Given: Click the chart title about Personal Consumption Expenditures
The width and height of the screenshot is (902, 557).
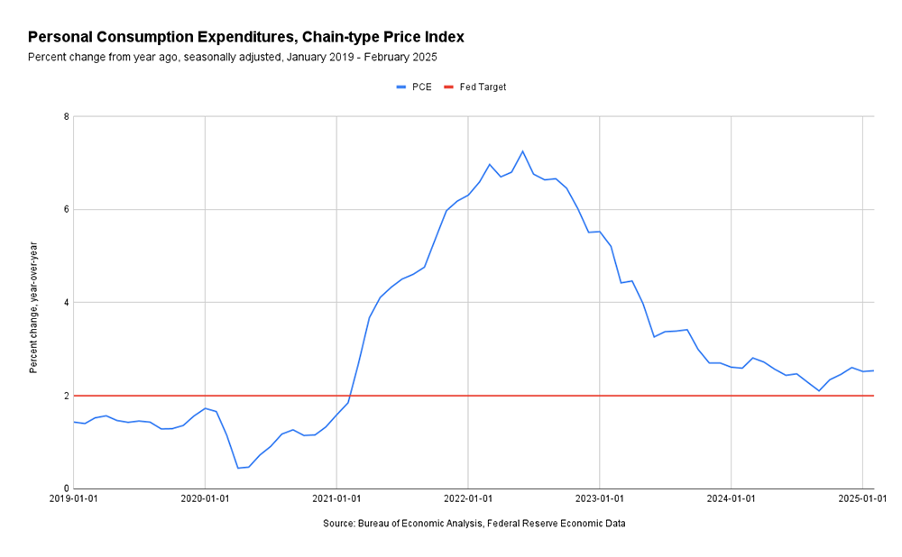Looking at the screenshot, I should point(245,37).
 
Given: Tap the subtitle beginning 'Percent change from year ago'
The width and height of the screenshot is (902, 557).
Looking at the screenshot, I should point(232,57).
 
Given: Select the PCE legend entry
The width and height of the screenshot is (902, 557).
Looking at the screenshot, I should point(415,87).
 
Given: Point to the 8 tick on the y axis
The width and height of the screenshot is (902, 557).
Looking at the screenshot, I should point(66,116).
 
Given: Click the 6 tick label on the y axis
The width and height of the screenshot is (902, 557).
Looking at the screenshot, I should point(66,209).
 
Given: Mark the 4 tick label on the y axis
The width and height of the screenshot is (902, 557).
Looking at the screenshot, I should point(66,303).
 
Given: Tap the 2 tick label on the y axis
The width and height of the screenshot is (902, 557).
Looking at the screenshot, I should point(66,396).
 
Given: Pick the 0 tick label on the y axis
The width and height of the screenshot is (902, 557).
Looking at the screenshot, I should point(66,489).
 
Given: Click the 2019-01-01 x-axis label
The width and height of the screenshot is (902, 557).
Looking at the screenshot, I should point(74,498).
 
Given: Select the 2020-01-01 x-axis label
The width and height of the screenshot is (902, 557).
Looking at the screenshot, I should point(205,498).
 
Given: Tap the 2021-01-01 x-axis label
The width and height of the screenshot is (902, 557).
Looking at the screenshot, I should point(336,498).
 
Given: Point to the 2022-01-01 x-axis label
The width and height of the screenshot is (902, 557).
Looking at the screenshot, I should point(468,498).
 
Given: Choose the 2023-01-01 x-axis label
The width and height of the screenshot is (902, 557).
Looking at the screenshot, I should point(600,498).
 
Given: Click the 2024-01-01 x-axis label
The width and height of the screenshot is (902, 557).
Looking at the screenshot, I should point(731,498).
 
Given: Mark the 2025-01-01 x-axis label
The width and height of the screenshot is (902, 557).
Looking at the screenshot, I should point(862,498).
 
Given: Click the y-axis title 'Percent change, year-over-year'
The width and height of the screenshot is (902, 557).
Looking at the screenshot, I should point(33,307).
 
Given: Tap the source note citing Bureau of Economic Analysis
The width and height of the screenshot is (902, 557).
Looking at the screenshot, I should point(474,524).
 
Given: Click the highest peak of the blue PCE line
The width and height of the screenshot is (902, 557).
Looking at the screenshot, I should point(522,151).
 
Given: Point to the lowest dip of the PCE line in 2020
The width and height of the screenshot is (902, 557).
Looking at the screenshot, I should point(238,468).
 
